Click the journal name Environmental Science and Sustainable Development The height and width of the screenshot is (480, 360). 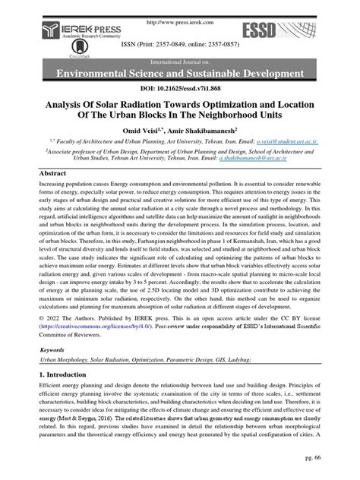point(180,73)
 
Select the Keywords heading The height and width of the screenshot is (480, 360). point(54,350)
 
